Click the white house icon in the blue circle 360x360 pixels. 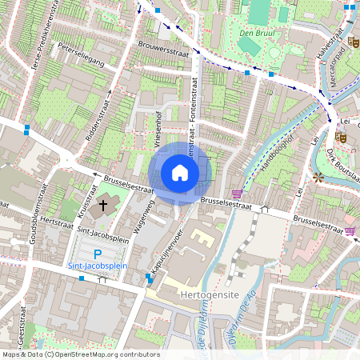[180, 173]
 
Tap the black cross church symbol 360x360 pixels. [102, 206]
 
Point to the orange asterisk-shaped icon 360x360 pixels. [318, 176]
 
